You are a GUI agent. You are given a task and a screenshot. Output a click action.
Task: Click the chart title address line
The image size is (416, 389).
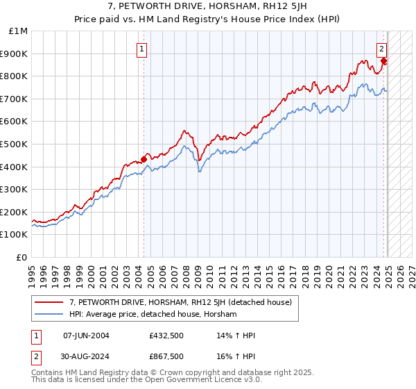point(207,6)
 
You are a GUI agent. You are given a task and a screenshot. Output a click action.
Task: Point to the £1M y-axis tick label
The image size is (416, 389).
point(19,31)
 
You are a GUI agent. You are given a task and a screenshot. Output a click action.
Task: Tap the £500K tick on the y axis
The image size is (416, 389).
point(15,144)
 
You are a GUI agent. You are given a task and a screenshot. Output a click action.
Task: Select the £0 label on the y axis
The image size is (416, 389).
point(22,258)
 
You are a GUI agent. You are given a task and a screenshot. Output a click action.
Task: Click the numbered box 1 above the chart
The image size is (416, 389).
point(141,49)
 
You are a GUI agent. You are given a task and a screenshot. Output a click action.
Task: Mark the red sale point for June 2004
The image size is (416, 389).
point(144,159)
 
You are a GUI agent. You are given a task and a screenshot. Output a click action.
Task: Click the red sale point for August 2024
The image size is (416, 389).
point(384,60)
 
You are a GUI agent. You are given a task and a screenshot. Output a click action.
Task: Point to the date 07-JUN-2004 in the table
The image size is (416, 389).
point(86,336)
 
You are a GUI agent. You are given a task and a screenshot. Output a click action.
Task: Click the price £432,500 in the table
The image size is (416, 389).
point(166,336)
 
